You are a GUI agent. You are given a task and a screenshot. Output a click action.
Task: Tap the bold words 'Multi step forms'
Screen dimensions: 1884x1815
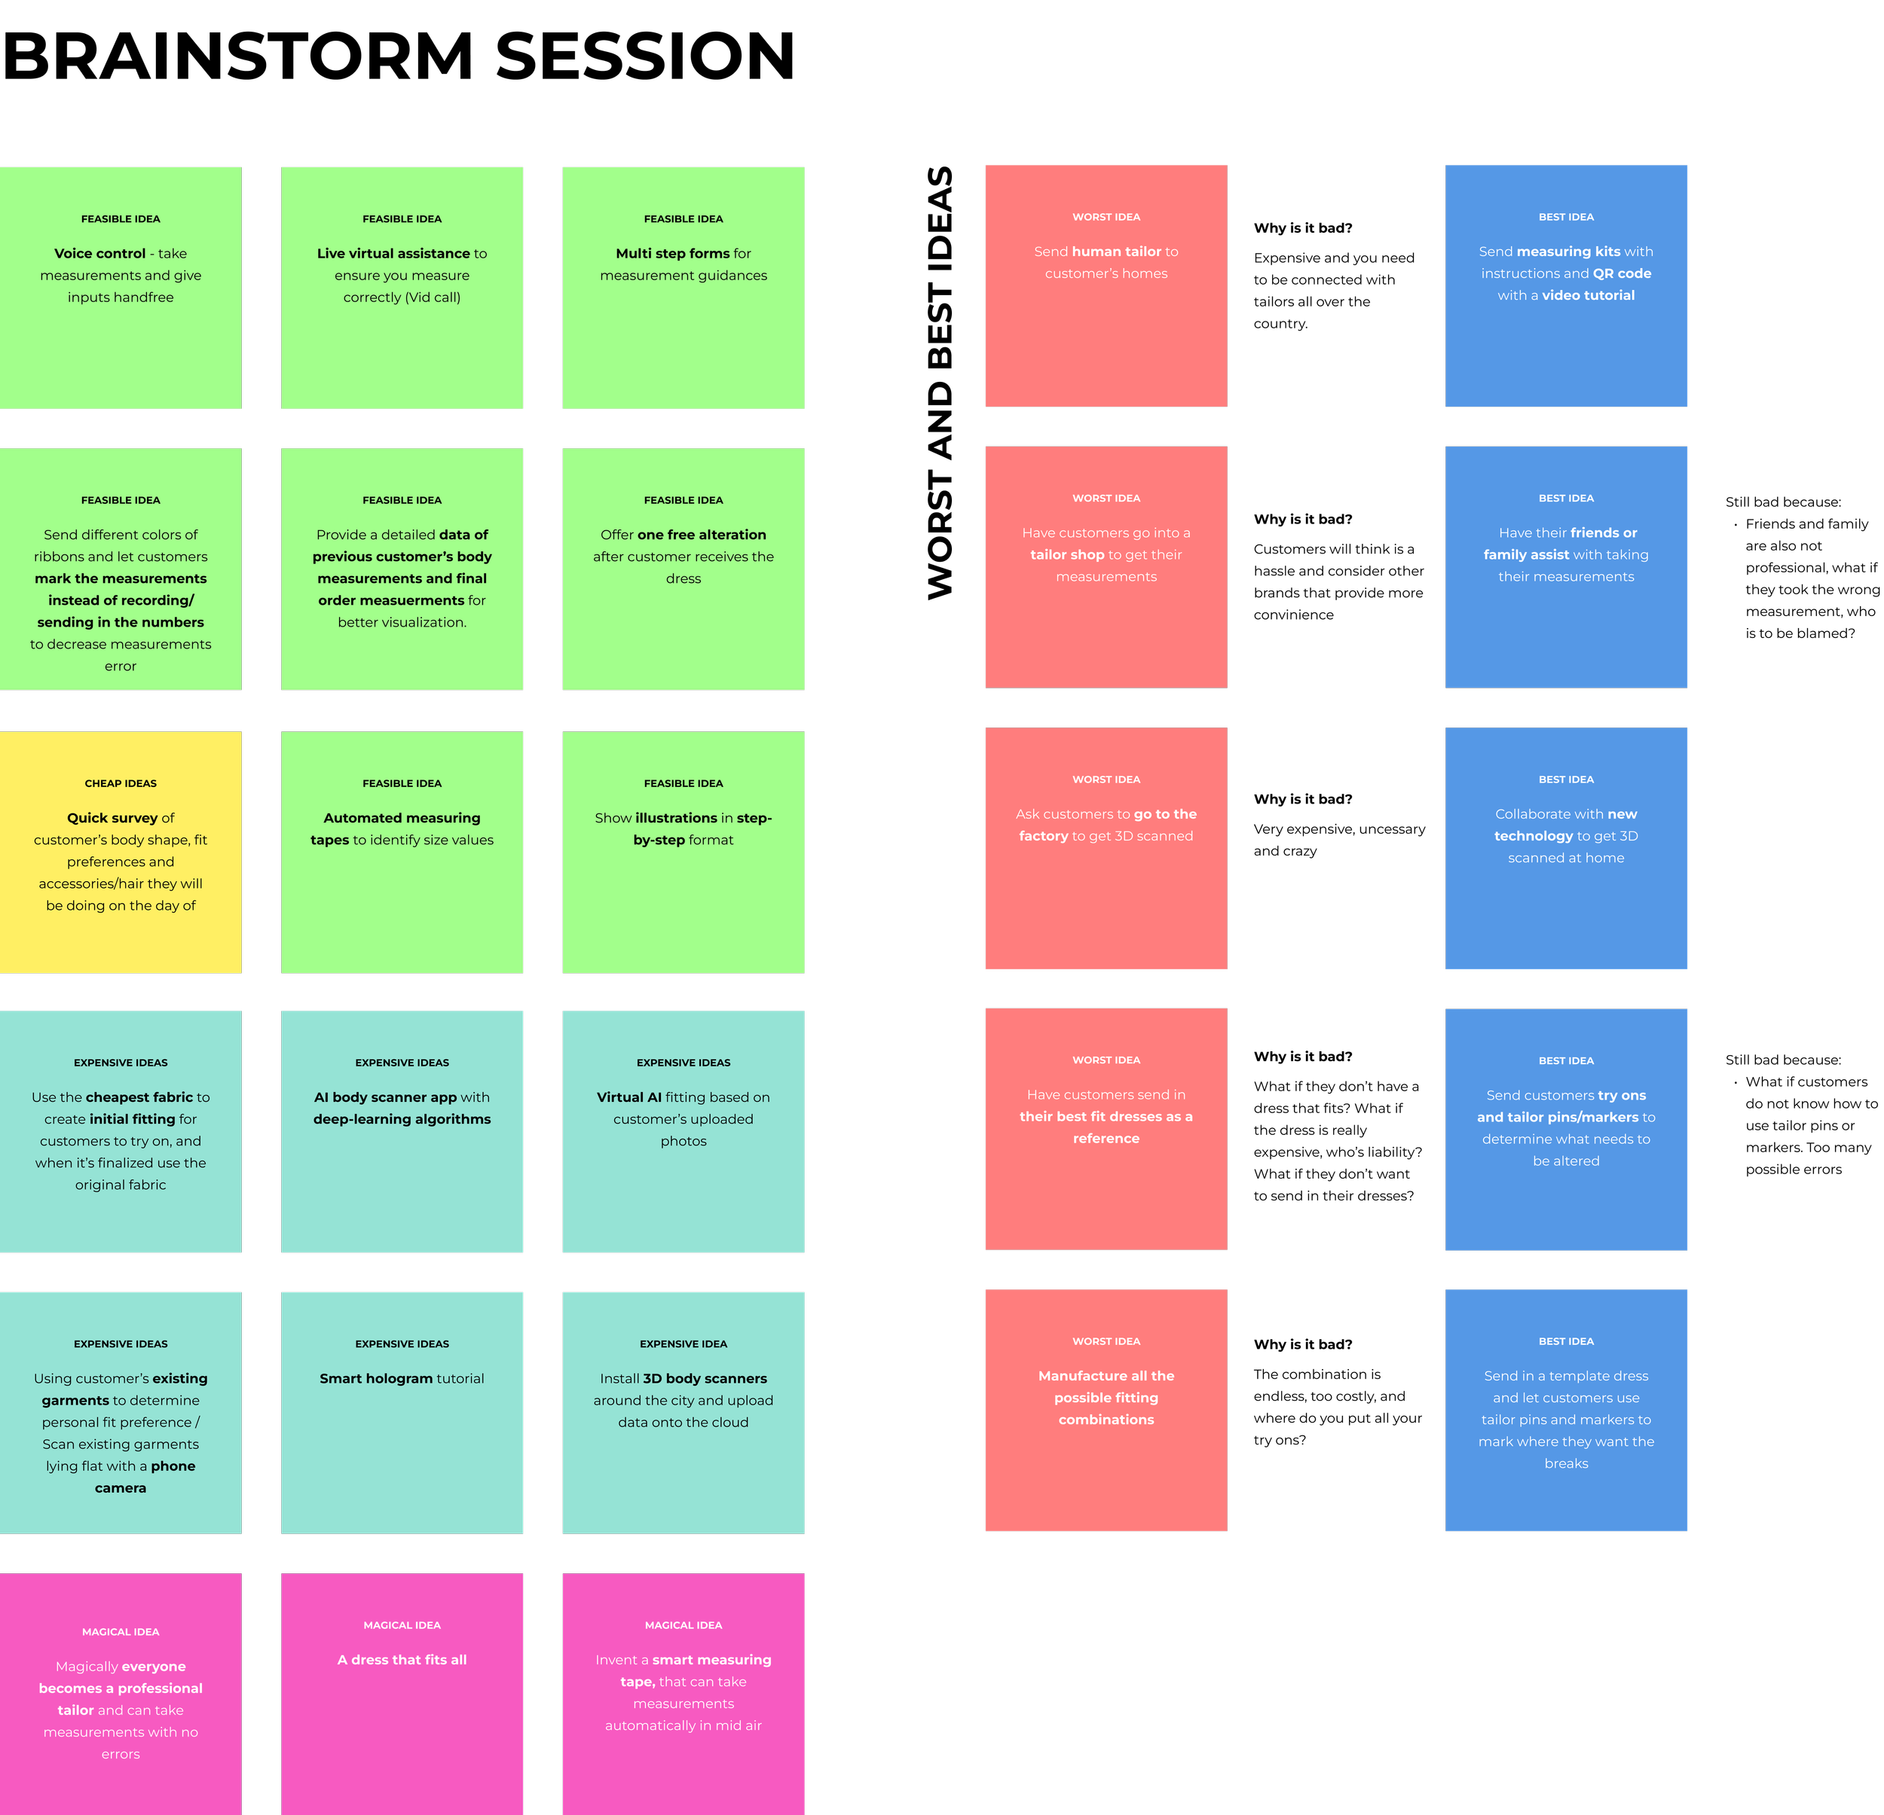(673, 254)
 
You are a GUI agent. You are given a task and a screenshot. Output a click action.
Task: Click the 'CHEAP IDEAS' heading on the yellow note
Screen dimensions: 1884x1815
(120, 783)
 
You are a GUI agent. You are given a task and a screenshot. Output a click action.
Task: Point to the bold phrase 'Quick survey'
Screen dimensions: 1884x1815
(112, 818)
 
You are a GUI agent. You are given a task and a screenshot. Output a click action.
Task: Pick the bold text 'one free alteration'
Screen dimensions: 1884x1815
(702, 534)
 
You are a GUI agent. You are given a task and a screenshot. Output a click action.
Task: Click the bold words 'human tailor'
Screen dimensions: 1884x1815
(1116, 252)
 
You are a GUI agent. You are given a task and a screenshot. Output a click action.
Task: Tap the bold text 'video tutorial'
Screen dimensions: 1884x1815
(1588, 295)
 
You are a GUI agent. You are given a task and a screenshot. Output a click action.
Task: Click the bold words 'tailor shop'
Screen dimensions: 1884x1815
(1067, 554)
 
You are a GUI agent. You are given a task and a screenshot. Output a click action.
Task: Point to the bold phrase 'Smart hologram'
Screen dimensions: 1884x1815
(376, 1378)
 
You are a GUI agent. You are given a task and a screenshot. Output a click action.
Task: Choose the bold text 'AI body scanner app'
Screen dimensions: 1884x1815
(385, 1097)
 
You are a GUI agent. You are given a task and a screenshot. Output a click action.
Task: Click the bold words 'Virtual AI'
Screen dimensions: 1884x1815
(629, 1097)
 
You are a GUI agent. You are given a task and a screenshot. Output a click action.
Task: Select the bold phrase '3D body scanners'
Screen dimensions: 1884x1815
(705, 1378)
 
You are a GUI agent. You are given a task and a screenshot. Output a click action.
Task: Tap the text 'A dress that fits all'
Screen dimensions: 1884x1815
(402, 1659)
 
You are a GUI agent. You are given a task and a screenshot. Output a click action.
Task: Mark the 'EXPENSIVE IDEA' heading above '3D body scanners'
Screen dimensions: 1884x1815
(684, 1344)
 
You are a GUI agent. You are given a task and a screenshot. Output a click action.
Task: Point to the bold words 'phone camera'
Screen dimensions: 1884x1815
(173, 1466)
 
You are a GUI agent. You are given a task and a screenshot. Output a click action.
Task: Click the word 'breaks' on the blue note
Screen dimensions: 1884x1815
(1566, 1463)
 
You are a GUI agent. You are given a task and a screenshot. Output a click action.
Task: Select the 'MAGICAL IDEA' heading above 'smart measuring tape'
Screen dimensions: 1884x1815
(684, 1624)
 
